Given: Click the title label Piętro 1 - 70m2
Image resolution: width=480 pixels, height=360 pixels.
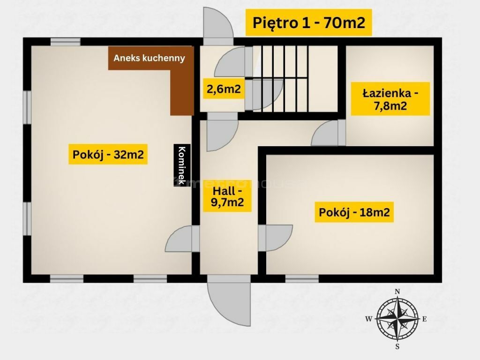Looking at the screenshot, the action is (x=308, y=22).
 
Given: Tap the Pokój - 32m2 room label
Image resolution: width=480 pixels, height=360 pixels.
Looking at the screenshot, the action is (x=108, y=154).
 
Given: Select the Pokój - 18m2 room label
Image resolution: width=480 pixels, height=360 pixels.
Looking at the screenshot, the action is (x=354, y=212).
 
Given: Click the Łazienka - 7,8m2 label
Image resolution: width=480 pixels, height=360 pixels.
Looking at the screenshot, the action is (x=390, y=99).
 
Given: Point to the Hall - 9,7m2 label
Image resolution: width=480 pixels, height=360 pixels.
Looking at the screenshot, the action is (x=227, y=196).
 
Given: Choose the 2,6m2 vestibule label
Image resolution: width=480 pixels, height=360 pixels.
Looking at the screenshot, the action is (x=224, y=89).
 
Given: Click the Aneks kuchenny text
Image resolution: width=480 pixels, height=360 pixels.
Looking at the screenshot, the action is (x=150, y=58).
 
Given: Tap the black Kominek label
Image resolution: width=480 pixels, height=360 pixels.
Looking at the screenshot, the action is (x=182, y=165).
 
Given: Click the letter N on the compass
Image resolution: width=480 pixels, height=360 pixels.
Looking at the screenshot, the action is (x=397, y=292).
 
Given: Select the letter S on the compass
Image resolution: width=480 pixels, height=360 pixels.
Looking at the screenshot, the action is (x=397, y=346).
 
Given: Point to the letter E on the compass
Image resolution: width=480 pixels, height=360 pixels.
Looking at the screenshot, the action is (x=424, y=319).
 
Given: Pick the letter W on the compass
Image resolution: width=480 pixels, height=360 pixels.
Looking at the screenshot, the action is (x=369, y=319).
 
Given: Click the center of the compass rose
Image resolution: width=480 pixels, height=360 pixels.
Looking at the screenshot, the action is (x=397, y=319).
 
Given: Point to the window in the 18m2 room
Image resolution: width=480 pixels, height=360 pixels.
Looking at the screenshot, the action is (x=302, y=278).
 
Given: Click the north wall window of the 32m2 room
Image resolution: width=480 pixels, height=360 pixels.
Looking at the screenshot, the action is (x=66, y=42).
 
